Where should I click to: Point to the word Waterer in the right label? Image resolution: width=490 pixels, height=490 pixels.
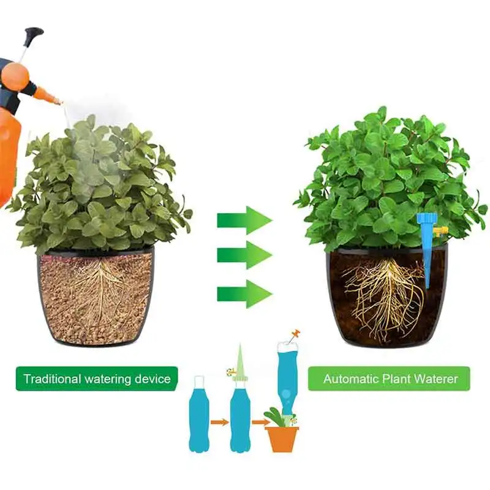(435, 379)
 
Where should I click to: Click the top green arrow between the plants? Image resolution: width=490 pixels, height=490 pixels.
(244, 220)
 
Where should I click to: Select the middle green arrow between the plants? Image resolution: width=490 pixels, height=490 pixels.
(244, 255)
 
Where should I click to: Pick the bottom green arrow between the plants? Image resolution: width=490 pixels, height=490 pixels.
(244, 293)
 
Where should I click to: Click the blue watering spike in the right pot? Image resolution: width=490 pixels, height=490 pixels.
(427, 251)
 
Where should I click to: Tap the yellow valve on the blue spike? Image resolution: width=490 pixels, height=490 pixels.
(440, 231)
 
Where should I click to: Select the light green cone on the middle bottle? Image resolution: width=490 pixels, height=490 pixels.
(239, 361)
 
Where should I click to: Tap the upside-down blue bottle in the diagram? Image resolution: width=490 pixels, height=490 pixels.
(287, 373)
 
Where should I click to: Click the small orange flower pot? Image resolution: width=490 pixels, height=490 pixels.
(282, 439)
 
